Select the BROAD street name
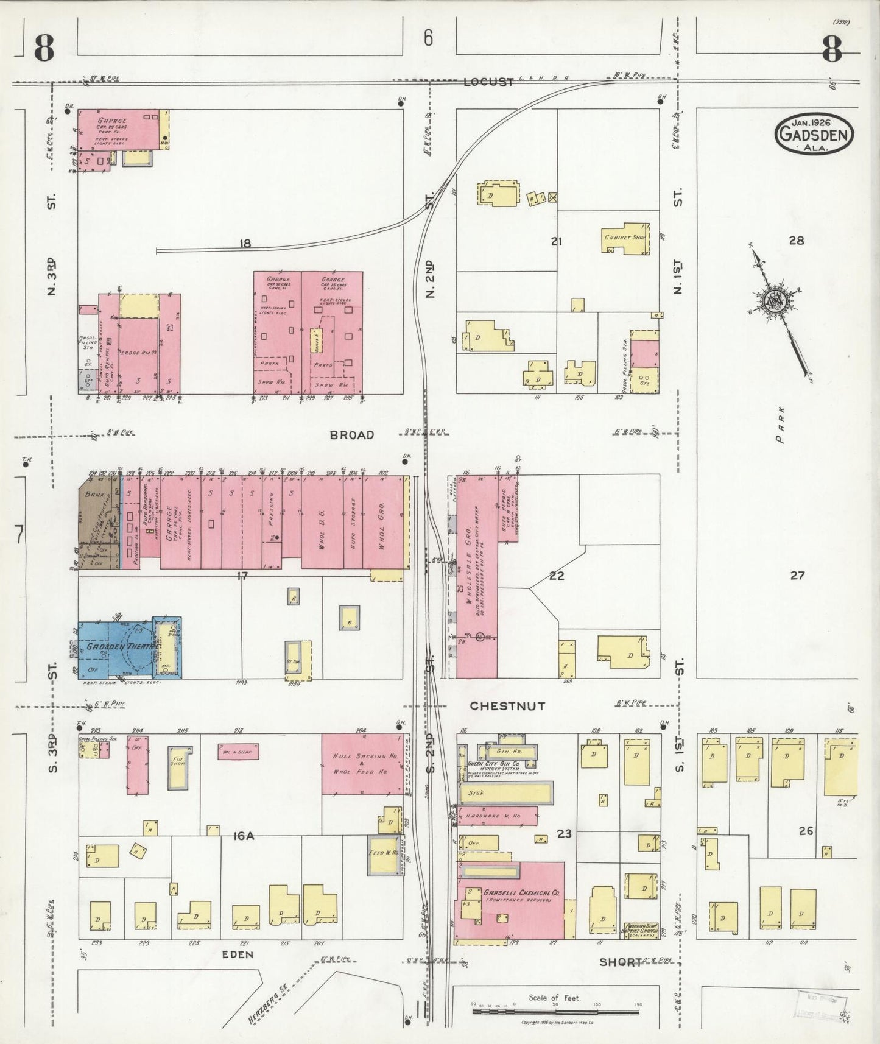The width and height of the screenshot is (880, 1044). (x=351, y=435)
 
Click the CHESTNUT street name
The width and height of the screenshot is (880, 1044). (x=507, y=706)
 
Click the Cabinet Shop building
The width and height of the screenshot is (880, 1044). (x=625, y=238)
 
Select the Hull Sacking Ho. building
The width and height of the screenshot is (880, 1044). (x=361, y=764)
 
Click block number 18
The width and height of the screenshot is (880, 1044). (x=245, y=244)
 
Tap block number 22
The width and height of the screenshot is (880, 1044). (x=557, y=576)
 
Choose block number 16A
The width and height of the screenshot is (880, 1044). (x=243, y=836)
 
